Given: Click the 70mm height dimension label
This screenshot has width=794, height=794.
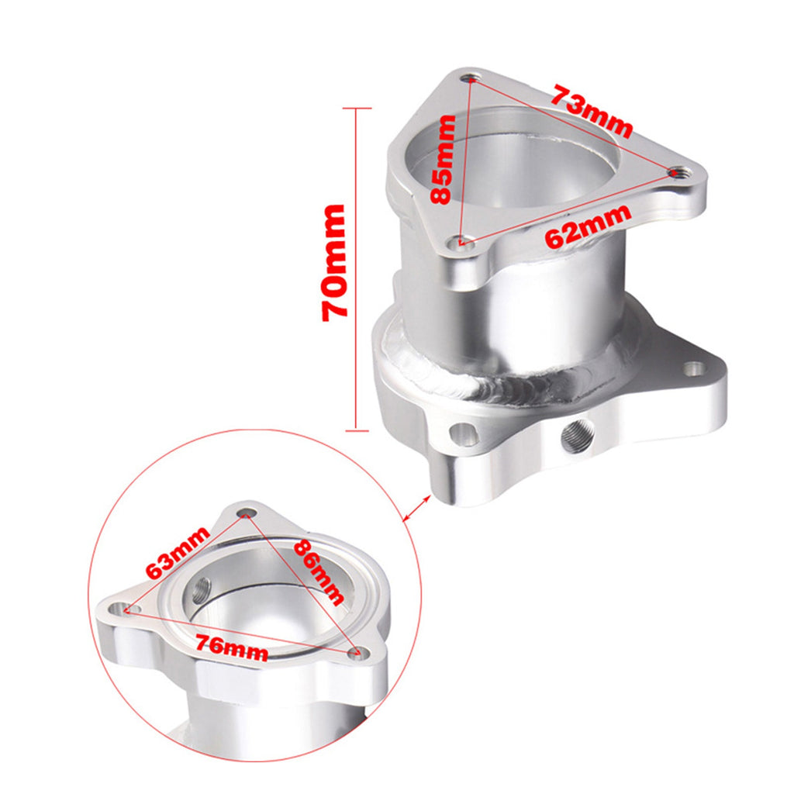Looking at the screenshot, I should tap(335, 262).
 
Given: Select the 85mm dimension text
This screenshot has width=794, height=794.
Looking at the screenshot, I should tap(444, 159).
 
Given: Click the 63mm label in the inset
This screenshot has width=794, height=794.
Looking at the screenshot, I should tap(178, 552).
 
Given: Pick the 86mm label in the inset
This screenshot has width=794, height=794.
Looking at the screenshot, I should tap(318, 571).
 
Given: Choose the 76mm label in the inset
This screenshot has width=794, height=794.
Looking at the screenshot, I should tap(232, 646).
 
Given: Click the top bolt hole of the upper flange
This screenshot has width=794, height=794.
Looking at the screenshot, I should tap(472, 78).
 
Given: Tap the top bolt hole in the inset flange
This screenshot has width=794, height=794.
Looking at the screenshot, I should tap(247, 513).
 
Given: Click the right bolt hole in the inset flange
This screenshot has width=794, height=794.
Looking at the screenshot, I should tap(357, 652).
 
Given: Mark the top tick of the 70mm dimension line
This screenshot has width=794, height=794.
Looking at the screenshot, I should tap(356, 108).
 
